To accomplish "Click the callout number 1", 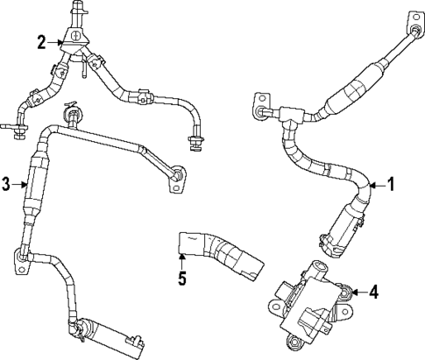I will [391, 185].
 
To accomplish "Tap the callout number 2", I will [40, 41].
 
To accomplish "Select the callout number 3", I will [6, 183].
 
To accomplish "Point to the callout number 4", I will [373, 292].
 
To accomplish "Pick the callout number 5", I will [182, 281].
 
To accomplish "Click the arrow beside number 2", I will [55, 41].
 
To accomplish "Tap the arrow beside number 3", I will [21, 183].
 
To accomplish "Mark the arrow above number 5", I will [182, 260].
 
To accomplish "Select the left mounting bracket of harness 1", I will [261, 113].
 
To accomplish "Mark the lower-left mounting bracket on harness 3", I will [19, 256].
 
